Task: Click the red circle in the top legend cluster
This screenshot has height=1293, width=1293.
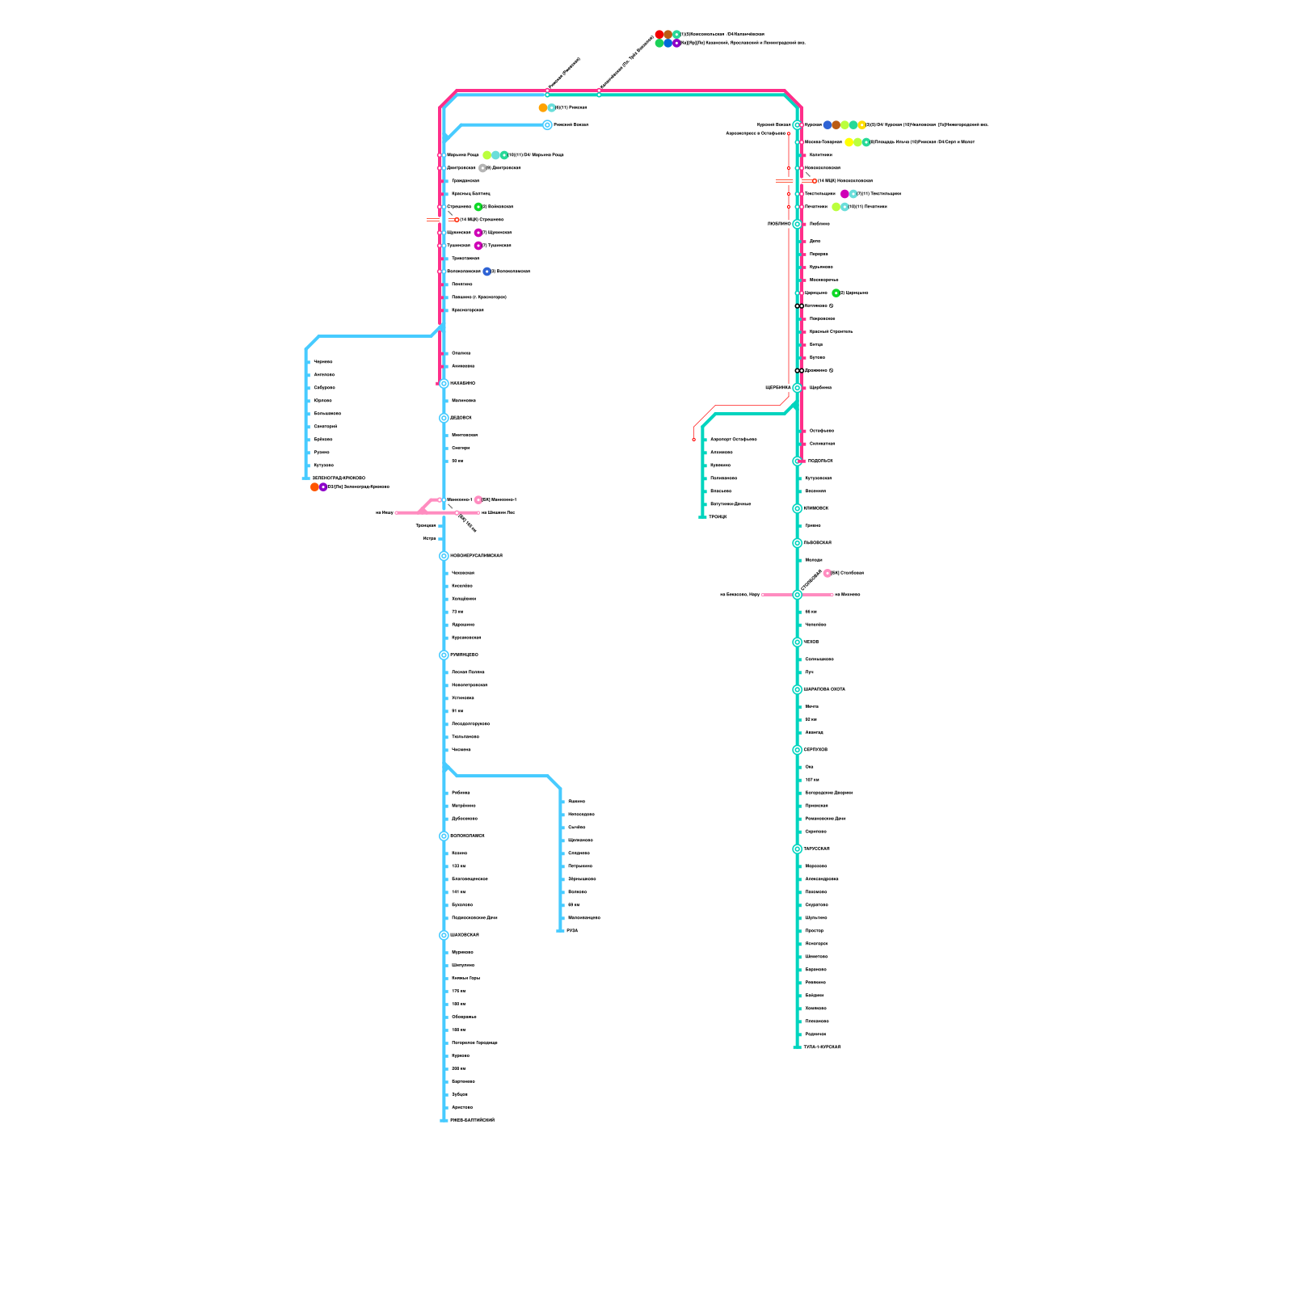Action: point(659,34)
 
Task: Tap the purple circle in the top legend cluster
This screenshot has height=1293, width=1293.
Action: point(676,43)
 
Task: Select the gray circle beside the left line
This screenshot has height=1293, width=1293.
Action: point(482,168)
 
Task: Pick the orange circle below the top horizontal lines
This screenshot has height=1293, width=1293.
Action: point(543,107)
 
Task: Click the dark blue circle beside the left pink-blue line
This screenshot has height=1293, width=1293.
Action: point(486,272)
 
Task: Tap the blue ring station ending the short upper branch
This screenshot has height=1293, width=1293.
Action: point(547,125)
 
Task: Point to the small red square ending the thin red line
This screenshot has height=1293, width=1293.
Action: point(693,440)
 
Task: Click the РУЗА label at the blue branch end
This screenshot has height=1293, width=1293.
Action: point(572,931)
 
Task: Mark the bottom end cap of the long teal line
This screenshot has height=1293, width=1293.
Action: point(797,1047)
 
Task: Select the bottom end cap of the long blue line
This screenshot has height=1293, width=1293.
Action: point(444,1120)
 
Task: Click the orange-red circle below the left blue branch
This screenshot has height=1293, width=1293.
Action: point(314,487)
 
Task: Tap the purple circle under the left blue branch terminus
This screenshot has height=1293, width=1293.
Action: point(323,487)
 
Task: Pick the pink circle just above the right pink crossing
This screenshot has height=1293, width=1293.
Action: point(828,573)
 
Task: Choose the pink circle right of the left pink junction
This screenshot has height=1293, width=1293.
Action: point(478,499)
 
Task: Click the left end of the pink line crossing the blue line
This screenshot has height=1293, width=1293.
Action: point(398,512)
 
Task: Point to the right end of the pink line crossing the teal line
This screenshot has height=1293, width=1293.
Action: point(832,595)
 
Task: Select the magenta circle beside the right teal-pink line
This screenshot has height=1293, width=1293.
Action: point(844,194)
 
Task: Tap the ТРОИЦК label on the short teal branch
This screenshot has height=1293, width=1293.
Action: point(718,517)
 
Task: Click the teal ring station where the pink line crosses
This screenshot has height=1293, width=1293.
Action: point(797,595)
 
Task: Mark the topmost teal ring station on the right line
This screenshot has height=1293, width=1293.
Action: point(797,125)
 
